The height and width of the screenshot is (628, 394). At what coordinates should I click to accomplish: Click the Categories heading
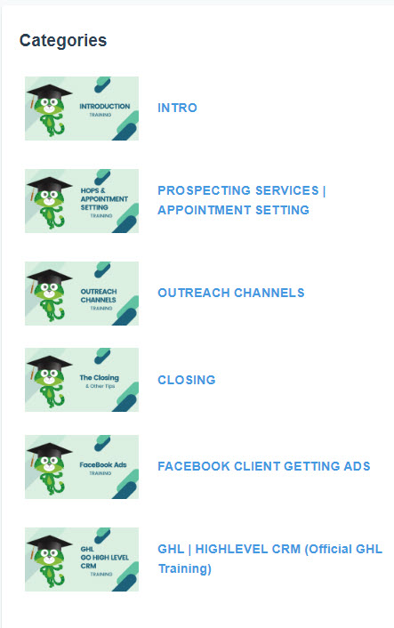click(63, 40)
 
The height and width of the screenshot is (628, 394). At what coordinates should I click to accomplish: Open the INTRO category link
click(177, 108)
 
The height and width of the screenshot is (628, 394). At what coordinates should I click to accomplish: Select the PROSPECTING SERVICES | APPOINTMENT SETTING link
click(241, 200)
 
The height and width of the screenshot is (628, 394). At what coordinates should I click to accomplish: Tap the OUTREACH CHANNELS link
click(231, 293)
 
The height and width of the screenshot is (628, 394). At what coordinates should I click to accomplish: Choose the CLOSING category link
click(187, 380)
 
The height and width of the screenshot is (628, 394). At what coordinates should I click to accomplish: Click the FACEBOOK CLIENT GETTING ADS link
click(264, 466)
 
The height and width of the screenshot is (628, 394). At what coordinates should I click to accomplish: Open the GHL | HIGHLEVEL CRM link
click(269, 559)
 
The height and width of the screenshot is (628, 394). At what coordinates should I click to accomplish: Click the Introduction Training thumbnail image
click(82, 109)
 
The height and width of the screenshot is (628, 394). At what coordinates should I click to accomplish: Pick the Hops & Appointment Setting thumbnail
click(82, 201)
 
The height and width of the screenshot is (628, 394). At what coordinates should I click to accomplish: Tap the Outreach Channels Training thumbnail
click(82, 294)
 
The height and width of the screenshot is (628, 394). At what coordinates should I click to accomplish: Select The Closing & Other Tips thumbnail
click(82, 380)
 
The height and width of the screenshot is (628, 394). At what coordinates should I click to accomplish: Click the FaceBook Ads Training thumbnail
click(82, 467)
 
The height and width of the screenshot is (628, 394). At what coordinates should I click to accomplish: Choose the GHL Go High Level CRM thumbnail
click(82, 560)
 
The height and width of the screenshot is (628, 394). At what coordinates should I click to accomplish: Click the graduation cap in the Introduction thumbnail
click(49, 93)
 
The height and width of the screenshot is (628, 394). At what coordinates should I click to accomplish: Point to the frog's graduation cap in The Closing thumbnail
click(49, 364)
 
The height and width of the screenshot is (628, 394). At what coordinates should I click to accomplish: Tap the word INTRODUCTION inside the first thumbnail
click(105, 106)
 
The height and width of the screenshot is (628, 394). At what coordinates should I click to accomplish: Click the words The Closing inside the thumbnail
click(99, 378)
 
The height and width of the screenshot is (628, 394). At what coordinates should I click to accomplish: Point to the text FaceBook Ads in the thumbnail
click(103, 464)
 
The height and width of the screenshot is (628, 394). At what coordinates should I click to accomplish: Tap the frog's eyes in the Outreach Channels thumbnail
click(49, 288)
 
